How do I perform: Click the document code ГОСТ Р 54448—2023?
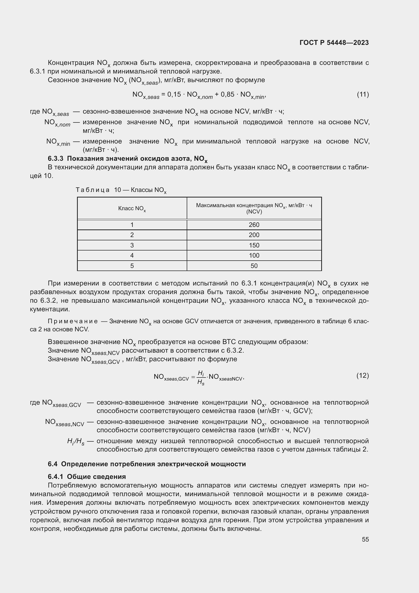[334, 43]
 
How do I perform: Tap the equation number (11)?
[363, 95]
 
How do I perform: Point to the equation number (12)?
[363, 375]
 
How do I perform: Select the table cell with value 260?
[254, 225]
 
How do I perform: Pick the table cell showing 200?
[254, 235]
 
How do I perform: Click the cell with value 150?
[254, 245]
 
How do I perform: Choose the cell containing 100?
[254, 256]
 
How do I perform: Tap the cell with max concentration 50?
[254, 266]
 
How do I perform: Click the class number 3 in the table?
[132, 245]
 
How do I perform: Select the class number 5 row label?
[132, 266]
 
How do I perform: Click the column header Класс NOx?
[132, 208]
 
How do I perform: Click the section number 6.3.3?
[55, 158]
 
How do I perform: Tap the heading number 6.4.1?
[55, 477]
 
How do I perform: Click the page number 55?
[365, 539]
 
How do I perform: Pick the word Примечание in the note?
[73, 321]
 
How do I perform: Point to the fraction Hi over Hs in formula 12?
[201, 378]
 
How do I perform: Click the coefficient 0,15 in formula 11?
[174, 95]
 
